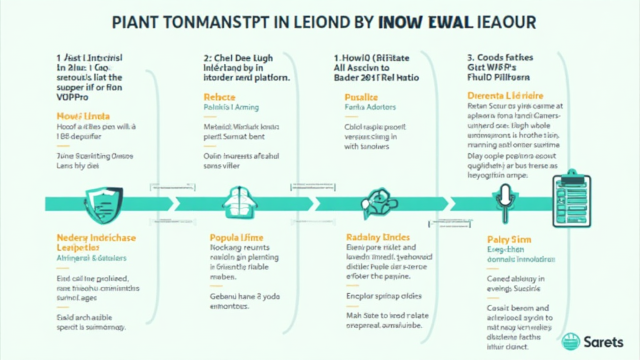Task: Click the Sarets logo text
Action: click(x=603, y=342)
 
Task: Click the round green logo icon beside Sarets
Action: click(x=571, y=342)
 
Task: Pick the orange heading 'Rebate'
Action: click(x=219, y=97)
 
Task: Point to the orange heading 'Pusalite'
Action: click(x=361, y=97)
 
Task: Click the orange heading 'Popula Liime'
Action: click(x=236, y=237)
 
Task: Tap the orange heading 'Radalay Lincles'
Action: click(x=377, y=237)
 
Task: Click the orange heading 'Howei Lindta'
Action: click(x=84, y=116)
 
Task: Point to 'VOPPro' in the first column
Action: click(x=73, y=98)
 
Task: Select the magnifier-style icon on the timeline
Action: click(x=376, y=202)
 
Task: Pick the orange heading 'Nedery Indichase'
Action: click(x=96, y=237)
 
